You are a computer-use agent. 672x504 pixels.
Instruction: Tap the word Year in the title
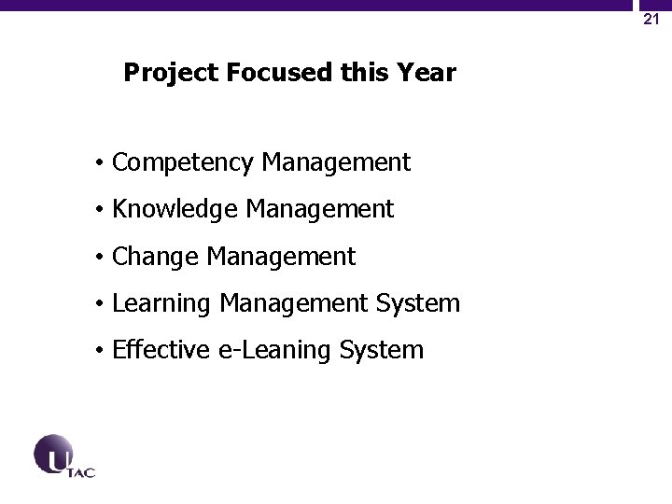(429, 73)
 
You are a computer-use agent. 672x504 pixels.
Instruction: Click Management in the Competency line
(336, 163)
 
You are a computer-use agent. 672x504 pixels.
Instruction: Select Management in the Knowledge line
(320, 210)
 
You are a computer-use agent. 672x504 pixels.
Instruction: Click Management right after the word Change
(281, 257)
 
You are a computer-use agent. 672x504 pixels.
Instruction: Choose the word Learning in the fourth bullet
(161, 303)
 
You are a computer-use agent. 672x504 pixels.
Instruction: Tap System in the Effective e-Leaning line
(382, 350)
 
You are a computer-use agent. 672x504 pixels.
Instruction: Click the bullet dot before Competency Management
(98, 164)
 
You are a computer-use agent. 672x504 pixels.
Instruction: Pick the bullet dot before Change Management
(98, 258)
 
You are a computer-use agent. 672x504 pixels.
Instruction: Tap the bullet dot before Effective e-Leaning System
(98, 351)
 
